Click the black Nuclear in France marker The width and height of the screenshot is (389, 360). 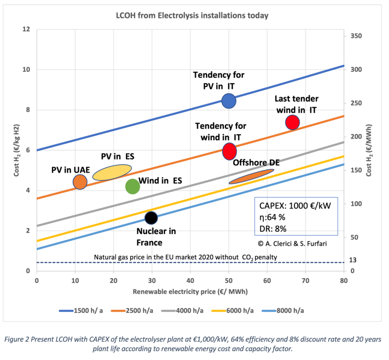click(151, 217)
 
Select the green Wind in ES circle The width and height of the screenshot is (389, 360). click(132, 186)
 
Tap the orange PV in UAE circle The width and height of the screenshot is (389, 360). click(80, 182)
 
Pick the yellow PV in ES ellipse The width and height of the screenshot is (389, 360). click(112, 172)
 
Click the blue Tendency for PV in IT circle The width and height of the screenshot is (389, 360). click(229, 101)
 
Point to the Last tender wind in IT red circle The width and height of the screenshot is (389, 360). click(293, 122)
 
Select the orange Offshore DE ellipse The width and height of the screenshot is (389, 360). click(251, 176)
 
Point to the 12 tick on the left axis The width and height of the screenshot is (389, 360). click(26, 29)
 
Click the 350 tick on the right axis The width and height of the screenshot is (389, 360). click(355, 36)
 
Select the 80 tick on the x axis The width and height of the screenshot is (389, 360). click(344, 281)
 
